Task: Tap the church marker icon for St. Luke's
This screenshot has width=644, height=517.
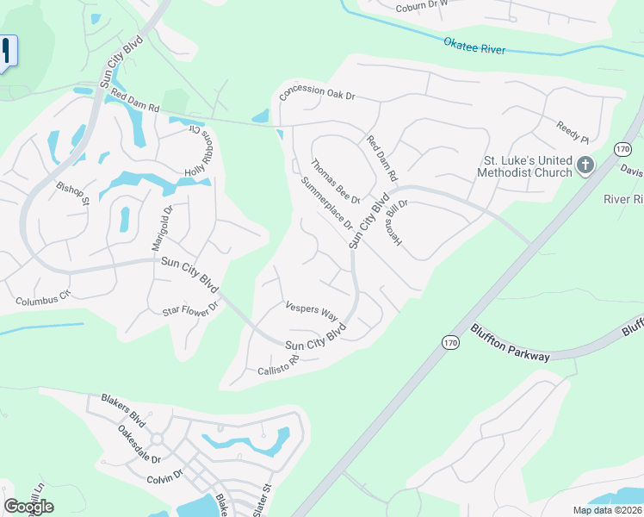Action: pos(585,165)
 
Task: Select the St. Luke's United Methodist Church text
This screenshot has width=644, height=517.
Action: pos(527,166)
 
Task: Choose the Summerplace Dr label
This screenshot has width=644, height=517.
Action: pos(327,202)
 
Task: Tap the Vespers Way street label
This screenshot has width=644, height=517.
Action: pos(312,310)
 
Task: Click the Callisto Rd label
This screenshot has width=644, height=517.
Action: pos(277,365)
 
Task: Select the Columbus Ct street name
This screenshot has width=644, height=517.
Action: pos(40,300)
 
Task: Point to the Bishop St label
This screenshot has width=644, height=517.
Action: pos(73,194)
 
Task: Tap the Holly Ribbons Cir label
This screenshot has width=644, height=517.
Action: pos(197,152)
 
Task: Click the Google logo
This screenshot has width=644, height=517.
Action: pos(28,507)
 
